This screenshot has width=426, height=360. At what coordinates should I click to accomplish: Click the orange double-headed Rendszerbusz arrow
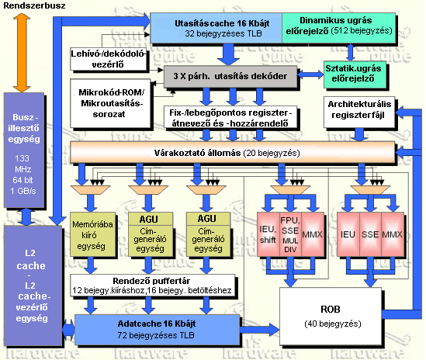22,53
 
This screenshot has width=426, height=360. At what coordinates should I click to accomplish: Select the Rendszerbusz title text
34,5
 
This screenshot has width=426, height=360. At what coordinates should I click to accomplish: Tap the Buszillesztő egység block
24,151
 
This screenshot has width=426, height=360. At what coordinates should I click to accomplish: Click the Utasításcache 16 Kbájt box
216,28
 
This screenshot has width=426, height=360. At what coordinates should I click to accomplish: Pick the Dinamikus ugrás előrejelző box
339,28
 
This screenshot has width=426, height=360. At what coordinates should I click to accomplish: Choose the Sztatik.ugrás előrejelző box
355,74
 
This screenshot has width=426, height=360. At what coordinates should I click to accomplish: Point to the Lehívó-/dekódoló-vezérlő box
109,59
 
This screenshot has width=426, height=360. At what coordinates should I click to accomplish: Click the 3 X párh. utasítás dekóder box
230,76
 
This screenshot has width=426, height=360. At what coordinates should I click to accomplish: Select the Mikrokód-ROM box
110,103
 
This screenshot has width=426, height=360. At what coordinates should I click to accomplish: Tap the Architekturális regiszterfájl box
359,112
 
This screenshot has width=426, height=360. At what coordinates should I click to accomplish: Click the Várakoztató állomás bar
232,152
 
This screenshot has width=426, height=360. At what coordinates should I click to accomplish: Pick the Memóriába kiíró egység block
93,234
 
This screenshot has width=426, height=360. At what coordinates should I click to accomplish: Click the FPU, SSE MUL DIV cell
290,234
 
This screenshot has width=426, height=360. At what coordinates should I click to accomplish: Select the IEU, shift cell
268,234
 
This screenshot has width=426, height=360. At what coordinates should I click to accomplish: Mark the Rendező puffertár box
152,286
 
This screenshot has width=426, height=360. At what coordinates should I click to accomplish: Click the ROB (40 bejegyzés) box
331,317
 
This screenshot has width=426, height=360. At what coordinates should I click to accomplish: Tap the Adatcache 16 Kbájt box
158,330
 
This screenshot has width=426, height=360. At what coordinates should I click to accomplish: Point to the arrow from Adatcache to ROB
259,330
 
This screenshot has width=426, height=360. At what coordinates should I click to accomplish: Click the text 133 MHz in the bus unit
23,164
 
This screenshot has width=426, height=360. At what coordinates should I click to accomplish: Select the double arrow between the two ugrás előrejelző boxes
350,52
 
